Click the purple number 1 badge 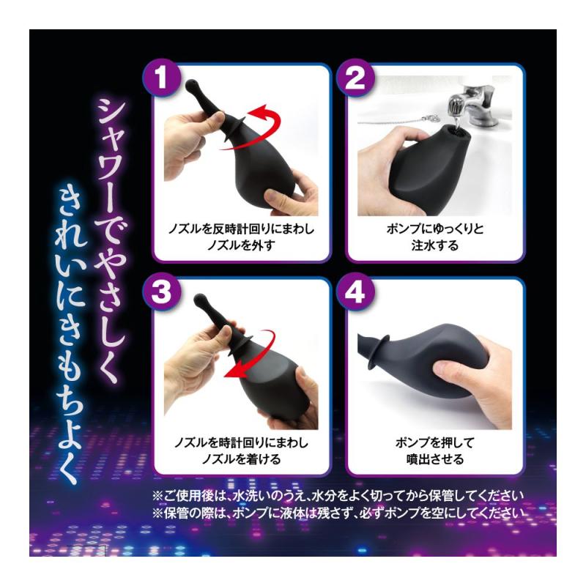(161, 78)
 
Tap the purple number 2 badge (355, 78)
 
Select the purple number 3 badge (161, 292)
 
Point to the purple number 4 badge (355, 292)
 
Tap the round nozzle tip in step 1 (191, 85)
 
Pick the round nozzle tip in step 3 (201, 300)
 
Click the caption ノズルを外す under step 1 (241, 245)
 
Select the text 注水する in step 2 (434, 245)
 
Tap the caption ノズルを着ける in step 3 (241, 459)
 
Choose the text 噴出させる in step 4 (434, 459)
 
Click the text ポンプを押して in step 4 (434, 442)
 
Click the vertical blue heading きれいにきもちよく (72, 335)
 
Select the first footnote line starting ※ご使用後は (338, 496)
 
